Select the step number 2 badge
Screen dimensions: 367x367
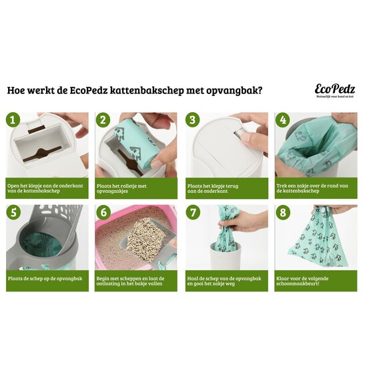(103, 120)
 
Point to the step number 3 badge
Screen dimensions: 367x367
(193, 120)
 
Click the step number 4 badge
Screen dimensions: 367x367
(282, 120)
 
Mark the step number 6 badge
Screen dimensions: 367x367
(103, 213)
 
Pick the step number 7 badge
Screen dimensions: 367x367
(193, 213)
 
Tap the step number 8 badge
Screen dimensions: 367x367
(282, 213)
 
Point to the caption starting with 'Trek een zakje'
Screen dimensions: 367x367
(308, 188)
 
